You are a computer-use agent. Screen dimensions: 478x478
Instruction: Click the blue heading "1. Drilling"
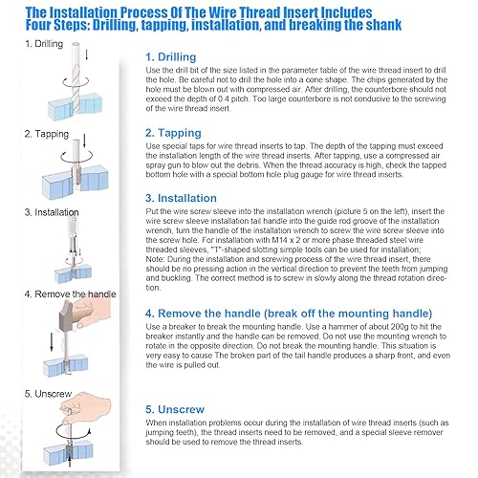pyautogui.click(x=171, y=57)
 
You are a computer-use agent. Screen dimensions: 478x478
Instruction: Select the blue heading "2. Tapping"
pyautogui.click(x=173, y=133)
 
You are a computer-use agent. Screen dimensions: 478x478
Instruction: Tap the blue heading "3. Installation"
pyautogui.click(x=181, y=198)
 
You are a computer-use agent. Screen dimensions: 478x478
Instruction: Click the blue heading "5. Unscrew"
pyautogui.click(x=175, y=409)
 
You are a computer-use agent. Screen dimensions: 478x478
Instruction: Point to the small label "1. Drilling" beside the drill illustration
pyautogui.click(x=44, y=44)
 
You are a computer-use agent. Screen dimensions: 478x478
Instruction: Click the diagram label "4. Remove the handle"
pyautogui.click(x=70, y=293)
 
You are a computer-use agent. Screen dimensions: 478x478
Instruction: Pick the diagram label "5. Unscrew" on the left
pyautogui.click(x=48, y=394)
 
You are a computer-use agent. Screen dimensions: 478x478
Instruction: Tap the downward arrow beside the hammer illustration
pyautogui.click(x=52, y=341)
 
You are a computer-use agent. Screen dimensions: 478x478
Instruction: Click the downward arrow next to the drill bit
pyautogui.click(x=86, y=54)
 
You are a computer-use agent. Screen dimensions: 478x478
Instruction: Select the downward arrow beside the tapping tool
pyautogui.click(x=84, y=141)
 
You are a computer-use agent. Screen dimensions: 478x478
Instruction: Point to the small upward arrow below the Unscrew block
pyautogui.click(x=70, y=462)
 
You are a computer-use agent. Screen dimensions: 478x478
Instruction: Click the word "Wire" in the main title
pyautogui.click(x=222, y=12)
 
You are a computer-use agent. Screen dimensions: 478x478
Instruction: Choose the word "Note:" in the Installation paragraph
pyautogui.click(x=155, y=259)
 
